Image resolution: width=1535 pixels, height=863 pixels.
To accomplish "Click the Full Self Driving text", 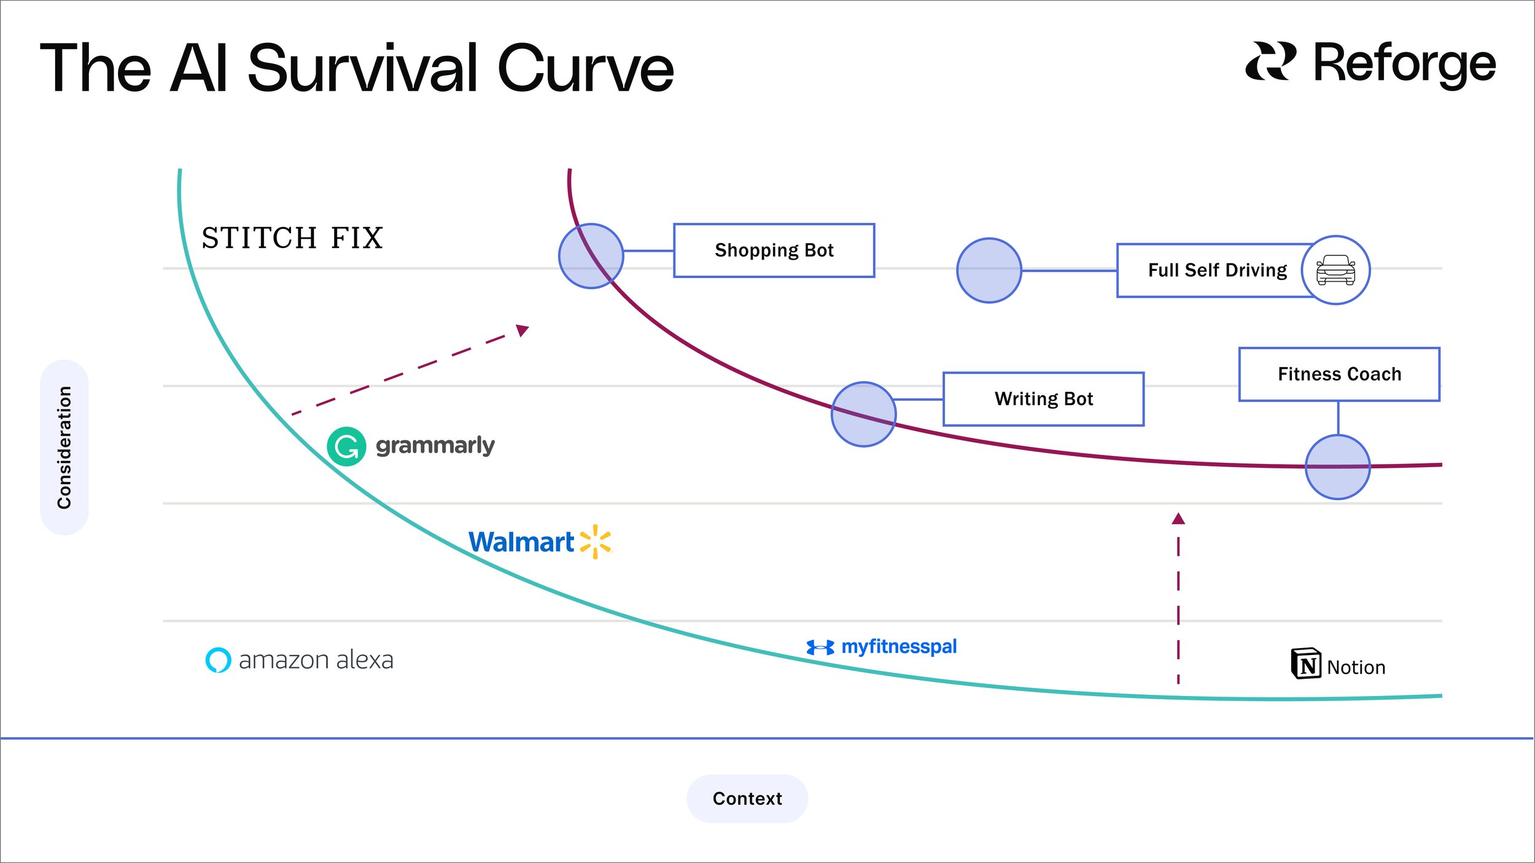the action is [x=1218, y=270].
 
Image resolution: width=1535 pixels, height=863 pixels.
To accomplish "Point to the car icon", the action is [x=1335, y=270].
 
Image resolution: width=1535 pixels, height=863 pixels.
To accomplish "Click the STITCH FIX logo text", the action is [x=292, y=238].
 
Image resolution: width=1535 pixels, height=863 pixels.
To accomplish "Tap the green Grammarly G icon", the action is [x=346, y=446].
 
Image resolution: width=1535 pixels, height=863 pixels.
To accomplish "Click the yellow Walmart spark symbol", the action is [x=596, y=541].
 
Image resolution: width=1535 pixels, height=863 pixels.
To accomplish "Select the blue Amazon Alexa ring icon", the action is [x=218, y=660].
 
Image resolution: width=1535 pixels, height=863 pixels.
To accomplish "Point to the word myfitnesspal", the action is [x=899, y=647].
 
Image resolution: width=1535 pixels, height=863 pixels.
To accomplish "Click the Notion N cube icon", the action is [x=1306, y=664].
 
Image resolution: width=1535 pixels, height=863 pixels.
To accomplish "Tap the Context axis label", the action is [x=747, y=799].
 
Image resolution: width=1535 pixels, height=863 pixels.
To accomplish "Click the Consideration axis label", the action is [x=64, y=447].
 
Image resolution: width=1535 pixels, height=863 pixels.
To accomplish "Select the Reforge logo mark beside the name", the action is [x=1270, y=61].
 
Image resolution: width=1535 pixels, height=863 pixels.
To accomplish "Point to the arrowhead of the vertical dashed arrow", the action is [x=1178, y=519].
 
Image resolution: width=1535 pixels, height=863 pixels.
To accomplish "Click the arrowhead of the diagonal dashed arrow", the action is [x=523, y=330].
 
